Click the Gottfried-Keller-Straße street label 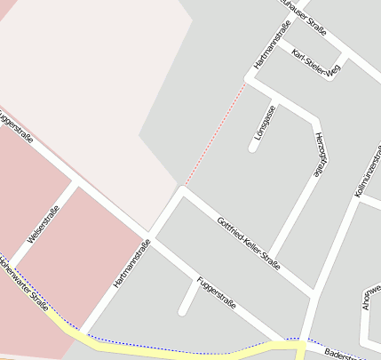click(249, 243)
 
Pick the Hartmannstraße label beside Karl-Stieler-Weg click(266, 47)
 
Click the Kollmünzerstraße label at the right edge click(367, 170)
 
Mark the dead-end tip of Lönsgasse click(253, 148)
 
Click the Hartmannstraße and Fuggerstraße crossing click(148, 236)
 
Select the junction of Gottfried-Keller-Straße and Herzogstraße click(312, 291)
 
